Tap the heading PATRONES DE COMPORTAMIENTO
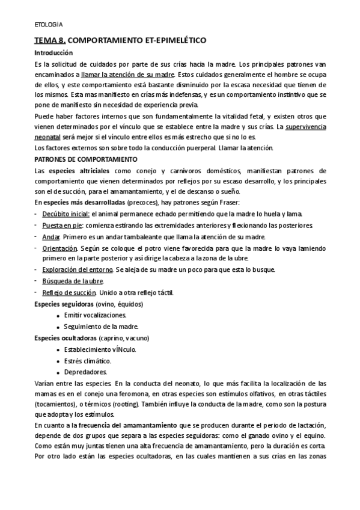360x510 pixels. click(86, 159)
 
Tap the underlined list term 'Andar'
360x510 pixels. click(51, 236)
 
